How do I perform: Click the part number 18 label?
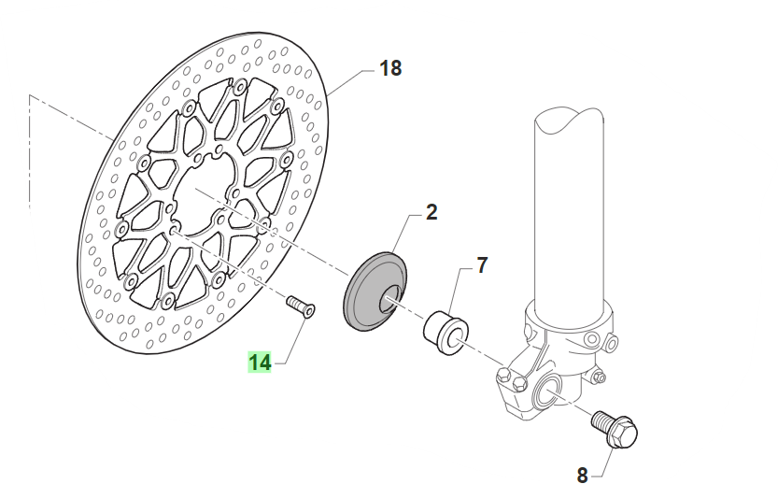click(389, 68)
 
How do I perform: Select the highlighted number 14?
click(260, 362)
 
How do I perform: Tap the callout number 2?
click(431, 212)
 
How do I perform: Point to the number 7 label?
click(482, 265)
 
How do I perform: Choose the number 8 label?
click(582, 475)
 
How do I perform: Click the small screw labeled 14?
click(300, 305)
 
